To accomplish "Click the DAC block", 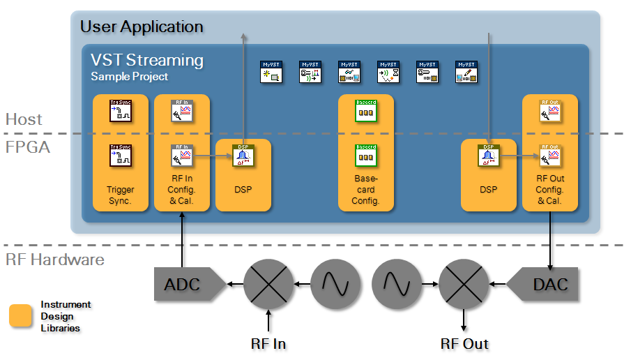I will tap(546, 284).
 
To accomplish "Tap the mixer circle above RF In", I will tap(268, 284).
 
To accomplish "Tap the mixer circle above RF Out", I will tap(464, 284).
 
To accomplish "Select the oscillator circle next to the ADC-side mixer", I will tap(335, 284).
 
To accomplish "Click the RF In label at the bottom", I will tap(268, 343).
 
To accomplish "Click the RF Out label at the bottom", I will tap(464, 343).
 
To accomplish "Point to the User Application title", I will tap(142, 27).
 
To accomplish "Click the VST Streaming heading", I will tap(147, 60).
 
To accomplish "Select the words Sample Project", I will tap(129, 76).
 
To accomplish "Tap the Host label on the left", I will tap(24, 119).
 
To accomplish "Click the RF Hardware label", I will tap(55, 260).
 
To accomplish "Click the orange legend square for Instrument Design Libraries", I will tap(20, 316).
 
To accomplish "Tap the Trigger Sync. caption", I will tap(121, 195).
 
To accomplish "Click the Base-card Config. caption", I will tap(365, 190).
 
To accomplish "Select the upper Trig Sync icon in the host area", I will tap(121, 111).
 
